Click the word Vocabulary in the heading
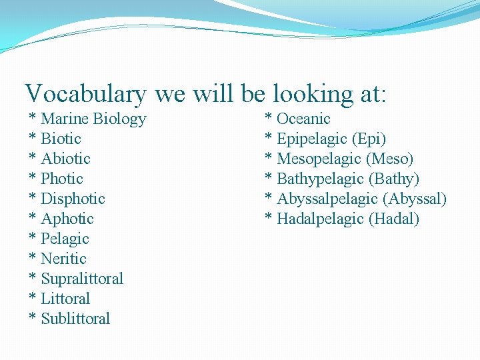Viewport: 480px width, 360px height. tap(85, 94)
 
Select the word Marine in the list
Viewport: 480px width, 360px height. tap(65, 119)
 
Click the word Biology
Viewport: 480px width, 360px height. tap(119, 119)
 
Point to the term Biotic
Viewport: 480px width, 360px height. tap(61, 139)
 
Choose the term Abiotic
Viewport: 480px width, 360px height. tap(65, 159)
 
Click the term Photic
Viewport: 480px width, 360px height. tap(62, 179)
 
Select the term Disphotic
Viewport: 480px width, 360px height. tap(73, 199)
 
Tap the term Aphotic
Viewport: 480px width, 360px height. tap(67, 219)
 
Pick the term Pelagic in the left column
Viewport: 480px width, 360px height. tap(65, 239)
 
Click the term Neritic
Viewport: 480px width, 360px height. tap(63, 259)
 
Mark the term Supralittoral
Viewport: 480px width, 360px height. tap(82, 279)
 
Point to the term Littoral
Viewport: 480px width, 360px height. tap(65, 299)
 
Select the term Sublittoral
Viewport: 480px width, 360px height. tap(75, 319)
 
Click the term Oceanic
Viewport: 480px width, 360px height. tap(303, 119)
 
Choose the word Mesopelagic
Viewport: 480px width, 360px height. tap(320, 159)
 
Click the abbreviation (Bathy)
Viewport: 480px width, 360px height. tap(394, 179)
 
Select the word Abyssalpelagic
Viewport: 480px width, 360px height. tap(327, 199)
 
